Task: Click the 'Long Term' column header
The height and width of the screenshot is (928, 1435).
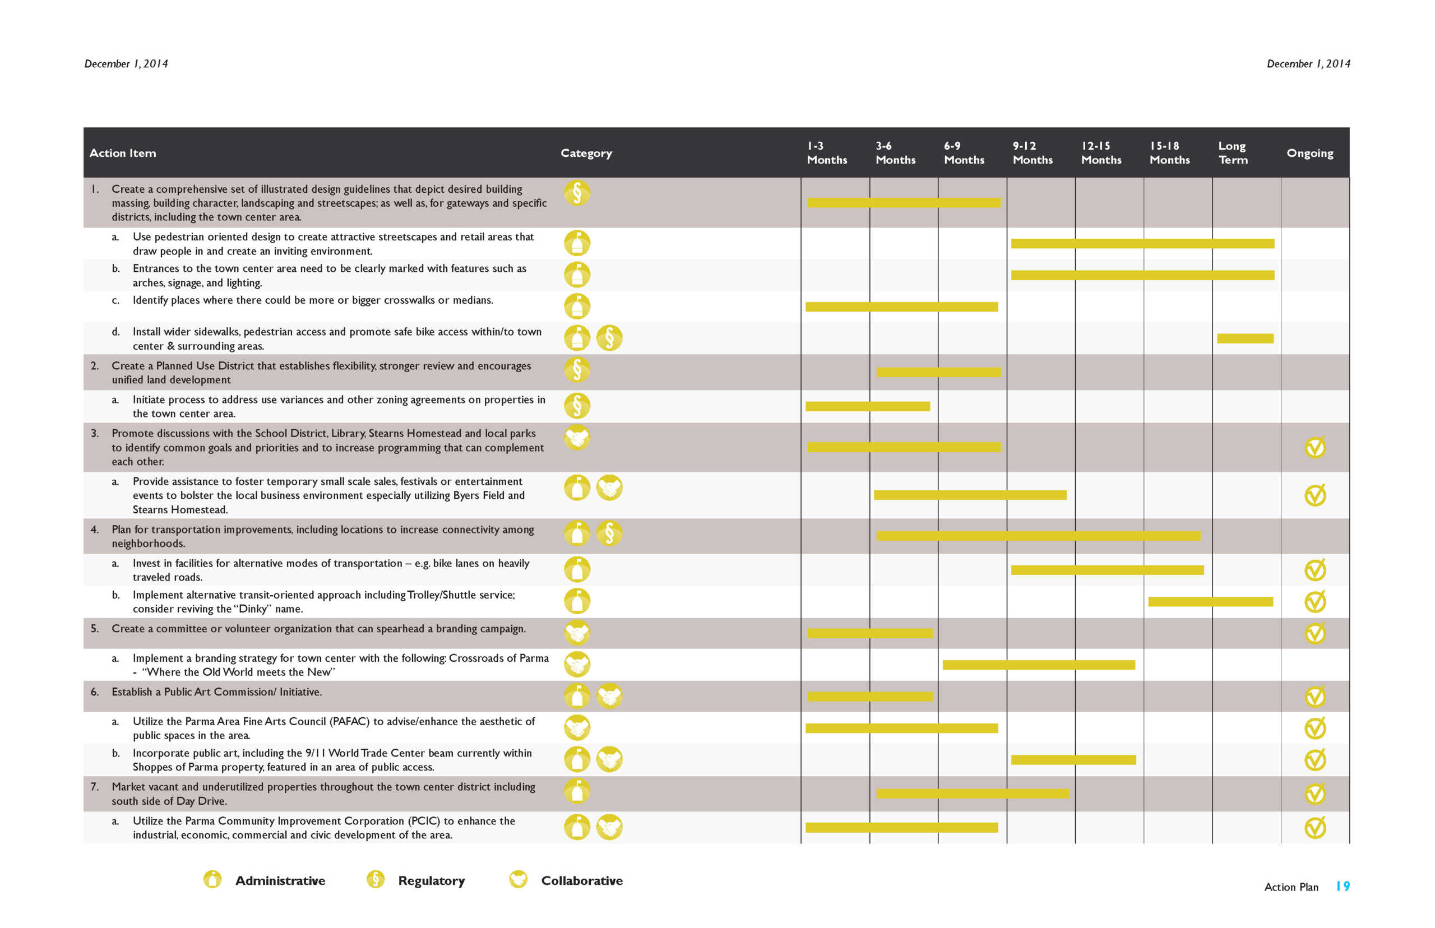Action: tap(1232, 152)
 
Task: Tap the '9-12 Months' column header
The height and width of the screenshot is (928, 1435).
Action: tap(1032, 152)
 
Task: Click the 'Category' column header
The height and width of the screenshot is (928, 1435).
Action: tap(586, 153)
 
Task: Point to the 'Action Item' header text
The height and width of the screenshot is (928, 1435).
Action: tap(122, 153)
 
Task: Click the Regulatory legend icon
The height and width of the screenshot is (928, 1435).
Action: tap(375, 879)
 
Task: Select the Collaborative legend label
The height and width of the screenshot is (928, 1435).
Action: tap(582, 880)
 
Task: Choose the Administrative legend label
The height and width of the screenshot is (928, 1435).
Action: tap(280, 880)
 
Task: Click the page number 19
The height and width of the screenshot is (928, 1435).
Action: tap(1342, 886)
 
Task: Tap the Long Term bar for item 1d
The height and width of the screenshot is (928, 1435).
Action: tap(1244, 338)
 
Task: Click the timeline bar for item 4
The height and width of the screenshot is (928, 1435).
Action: tap(1037, 536)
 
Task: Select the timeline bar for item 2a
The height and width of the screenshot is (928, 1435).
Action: tap(867, 406)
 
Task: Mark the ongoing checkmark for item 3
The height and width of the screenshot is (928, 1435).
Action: tap(1314, 447)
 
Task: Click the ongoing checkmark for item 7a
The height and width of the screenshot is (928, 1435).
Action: tap(1314, 827)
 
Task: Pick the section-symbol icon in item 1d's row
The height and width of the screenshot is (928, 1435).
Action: tap(609, 338)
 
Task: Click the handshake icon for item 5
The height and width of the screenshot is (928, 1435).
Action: tap(577, 633)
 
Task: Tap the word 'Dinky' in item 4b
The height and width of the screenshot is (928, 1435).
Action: tap(253, 609)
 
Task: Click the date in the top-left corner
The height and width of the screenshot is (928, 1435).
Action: tap(126, 64)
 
